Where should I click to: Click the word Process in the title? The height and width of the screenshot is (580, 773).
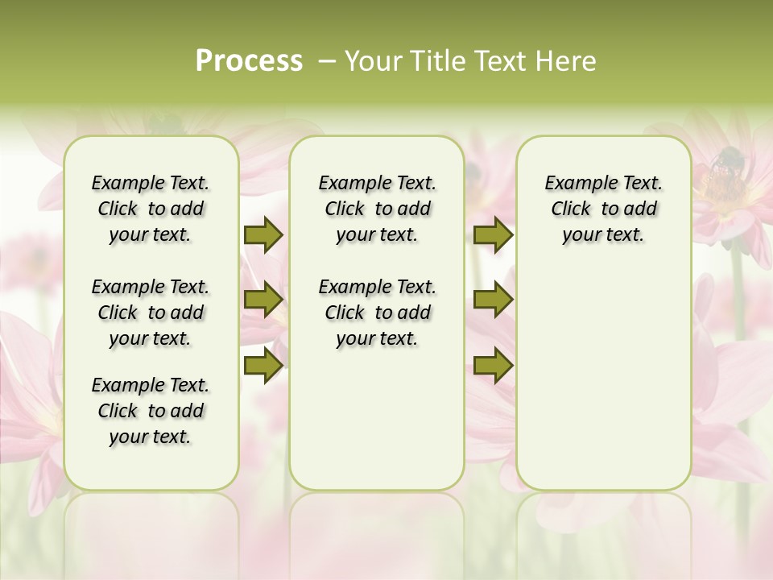pyautogui.click(x=249, y=61)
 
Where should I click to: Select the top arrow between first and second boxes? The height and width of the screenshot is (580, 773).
pyautogui.click(x=263, y=234)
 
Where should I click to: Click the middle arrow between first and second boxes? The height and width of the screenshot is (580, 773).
pyautogui.click(x=263, y=300)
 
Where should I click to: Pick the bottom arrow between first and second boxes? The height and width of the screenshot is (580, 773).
pyautogui.click(x=263, y=365)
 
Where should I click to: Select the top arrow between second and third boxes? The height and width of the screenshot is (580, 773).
pyautogui.click(x=493, y=234)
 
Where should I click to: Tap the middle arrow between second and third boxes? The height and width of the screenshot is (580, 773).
pyautogui.click(x=493, y=300)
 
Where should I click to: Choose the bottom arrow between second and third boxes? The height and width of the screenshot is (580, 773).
pyautogui.click(x=493, y=365)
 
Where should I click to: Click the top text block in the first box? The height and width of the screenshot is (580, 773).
pyautogui.click(x=151, y=209)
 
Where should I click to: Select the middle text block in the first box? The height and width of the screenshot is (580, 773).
pyautogui.click(x=151, y=313)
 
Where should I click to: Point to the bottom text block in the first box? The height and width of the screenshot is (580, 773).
pyautogui.click(x=151, y=411)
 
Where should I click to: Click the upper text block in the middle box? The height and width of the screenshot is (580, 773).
pyautogui.click(x=377, y=209)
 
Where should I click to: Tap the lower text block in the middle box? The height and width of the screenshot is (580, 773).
pyautogui.click(x=377, y=313)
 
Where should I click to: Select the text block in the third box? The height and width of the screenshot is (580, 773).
pyautogui.click(x=603, y=209)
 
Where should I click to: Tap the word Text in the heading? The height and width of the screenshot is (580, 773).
pyautogui.click(x=499, y=61)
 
